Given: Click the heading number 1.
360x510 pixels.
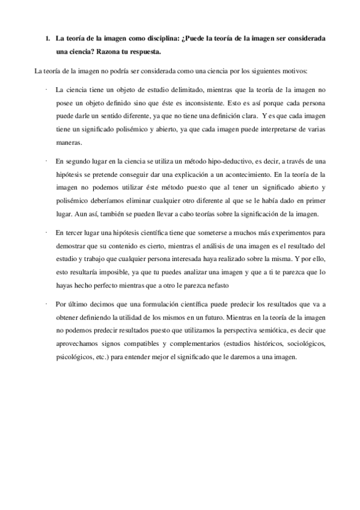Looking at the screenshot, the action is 47,38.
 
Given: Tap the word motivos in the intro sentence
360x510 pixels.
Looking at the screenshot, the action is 291,72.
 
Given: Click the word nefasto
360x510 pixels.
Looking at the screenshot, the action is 219,285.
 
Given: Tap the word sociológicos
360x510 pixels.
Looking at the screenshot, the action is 304,343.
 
